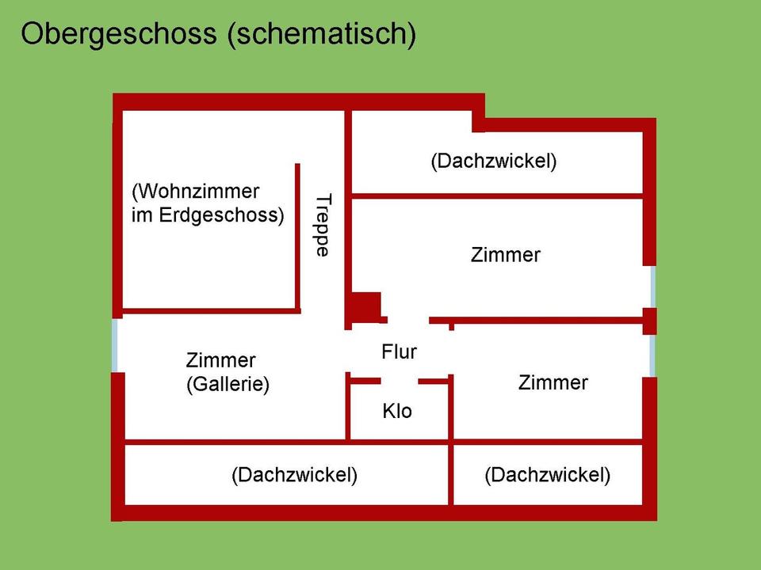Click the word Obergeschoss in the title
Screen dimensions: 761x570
pyautogui.click(x=119, y=34)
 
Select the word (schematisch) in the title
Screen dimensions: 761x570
pyautogui.click(x=322, y=34)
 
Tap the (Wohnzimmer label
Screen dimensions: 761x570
pyautogui.click(x=196, y=192)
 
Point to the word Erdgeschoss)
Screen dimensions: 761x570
pyautogui.click(x=221, y=215)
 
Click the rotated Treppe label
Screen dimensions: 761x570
pyautogui.click(x=323, y=226)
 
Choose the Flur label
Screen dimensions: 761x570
pyautogui.click(x=399, y=351)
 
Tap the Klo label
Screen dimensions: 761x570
pyautogui.click(x=397, y=411)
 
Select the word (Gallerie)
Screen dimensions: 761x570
pyautogui.click(x=228, y=384)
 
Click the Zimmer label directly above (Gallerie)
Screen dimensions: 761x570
pyautogui.click(x=220, y=360)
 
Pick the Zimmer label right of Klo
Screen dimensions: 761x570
pyautogui.click(x=553, y=382)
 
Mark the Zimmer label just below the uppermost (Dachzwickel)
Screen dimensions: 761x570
pyautogui.click(x=505, y=254)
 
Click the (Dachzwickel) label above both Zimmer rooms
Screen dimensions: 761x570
pyautogui.click(x=494, y=161)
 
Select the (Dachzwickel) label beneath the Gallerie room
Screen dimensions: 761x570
pyautogui.click(x=295, y=474)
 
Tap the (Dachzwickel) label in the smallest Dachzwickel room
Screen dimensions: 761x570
pyautogui.click(x=548, y=474)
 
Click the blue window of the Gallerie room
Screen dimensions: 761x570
pyautogui.click(x=115, y=345)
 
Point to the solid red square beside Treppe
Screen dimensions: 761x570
pyautogui.click(x=366, y=307)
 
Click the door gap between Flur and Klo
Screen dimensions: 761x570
pyautogui.click(x=400, y=382)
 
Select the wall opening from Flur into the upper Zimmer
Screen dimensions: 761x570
pyautogui.click(x=408, y=320)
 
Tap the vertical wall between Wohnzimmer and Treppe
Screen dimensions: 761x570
pyautogui.click(x=297, y=237)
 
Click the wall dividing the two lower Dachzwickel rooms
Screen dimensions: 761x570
pyautogui.click(x=451, y=473)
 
